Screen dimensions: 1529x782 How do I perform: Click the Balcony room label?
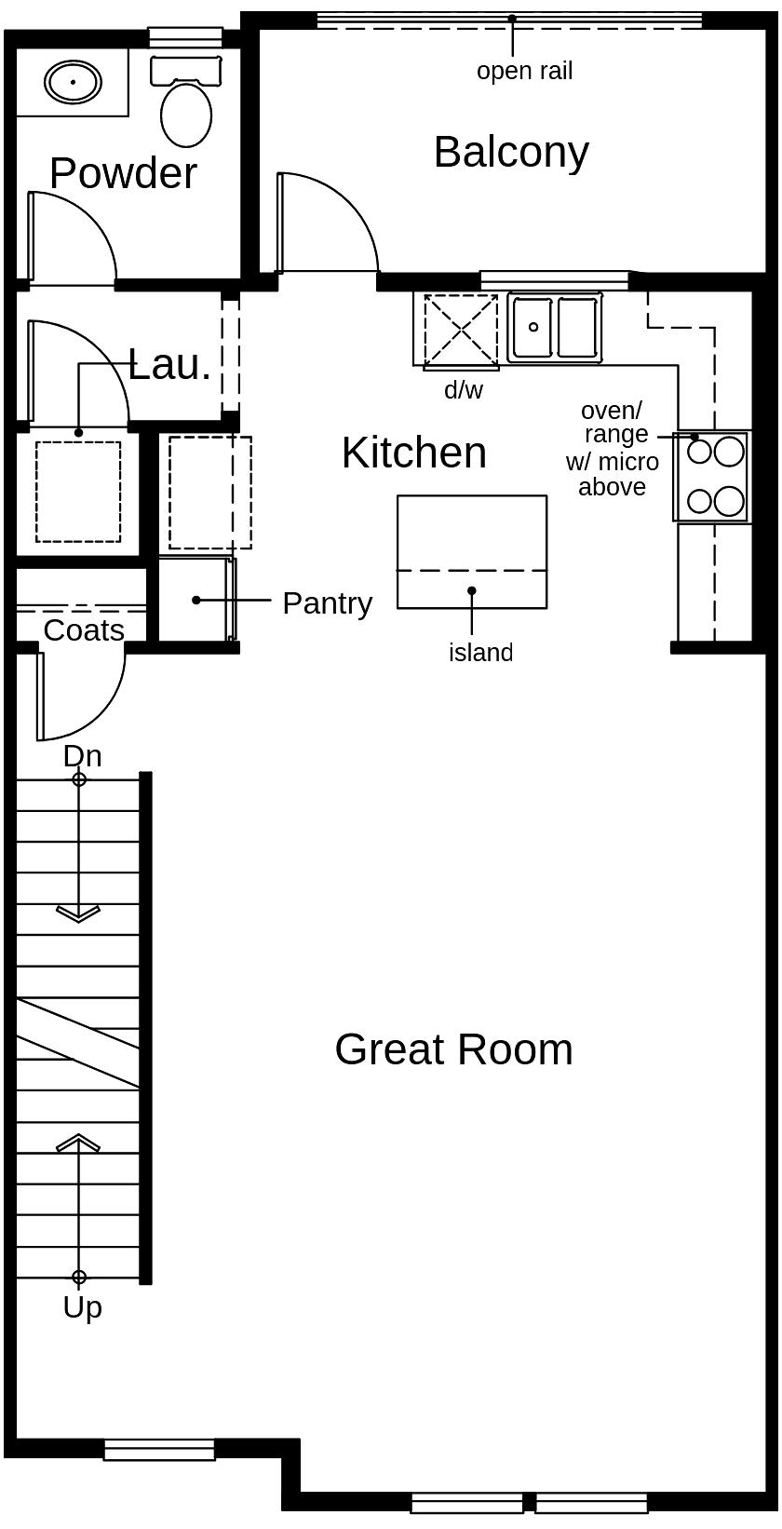511,152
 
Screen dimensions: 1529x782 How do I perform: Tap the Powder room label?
123,173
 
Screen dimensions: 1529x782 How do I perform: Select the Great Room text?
453,1049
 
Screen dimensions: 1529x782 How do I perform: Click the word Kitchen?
413,453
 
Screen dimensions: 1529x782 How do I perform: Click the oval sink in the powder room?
73,82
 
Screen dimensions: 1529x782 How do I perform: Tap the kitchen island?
471,551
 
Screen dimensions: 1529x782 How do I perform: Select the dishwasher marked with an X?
460,329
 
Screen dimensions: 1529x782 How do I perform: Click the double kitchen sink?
555,327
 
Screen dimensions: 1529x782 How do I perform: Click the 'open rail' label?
524,71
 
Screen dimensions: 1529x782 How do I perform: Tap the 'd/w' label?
464,390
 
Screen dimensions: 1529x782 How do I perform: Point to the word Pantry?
327,603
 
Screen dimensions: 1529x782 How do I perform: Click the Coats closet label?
84,630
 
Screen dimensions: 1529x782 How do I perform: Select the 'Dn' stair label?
82,756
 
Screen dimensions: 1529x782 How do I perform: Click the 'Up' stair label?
82,1307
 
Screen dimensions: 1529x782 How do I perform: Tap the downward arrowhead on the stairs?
78,913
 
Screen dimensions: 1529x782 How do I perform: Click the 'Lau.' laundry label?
169,364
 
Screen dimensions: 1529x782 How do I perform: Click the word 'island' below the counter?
480,653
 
